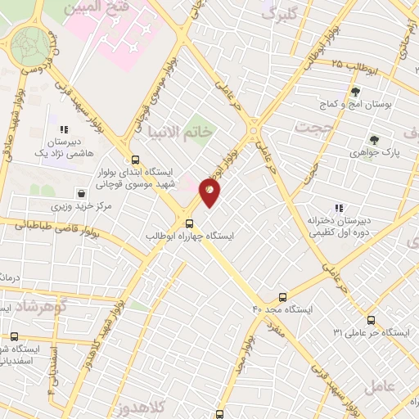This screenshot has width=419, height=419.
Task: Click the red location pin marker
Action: click(x=209, y=191)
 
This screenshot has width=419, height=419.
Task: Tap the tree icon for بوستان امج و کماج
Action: click(x=354, y=91)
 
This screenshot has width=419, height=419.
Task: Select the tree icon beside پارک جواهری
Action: click(x=374, y=139)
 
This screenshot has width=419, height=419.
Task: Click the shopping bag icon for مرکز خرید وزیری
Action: click(x=82, y=193)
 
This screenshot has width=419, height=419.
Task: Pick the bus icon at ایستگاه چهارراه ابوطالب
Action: click(x=190, y=223)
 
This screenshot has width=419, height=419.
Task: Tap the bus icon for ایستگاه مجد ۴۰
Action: click(x=283, y=296)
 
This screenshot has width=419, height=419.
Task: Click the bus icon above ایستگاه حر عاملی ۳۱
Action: click(x=372, y=320)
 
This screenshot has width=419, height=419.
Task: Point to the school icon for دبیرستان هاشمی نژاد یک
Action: click(x=64, y=129)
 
